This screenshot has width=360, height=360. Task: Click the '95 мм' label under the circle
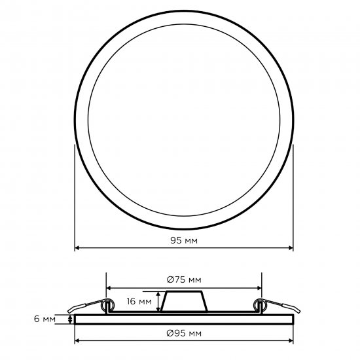click(184, 240)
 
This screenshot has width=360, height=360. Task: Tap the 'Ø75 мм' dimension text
click(184, 279)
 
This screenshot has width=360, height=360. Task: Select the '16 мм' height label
click(139, 301)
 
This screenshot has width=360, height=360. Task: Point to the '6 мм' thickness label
click(45, 319)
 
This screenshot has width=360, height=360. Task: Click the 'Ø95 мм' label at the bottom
click(184, 333)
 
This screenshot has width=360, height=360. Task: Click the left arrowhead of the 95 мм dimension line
click(77, 248)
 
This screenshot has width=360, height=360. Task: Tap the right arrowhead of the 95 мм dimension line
click(291, 248)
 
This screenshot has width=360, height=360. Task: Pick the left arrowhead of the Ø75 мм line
click(109, 288)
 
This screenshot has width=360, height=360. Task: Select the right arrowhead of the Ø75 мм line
click(259, 288)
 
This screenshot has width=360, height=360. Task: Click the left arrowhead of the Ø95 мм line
click(77, 341)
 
